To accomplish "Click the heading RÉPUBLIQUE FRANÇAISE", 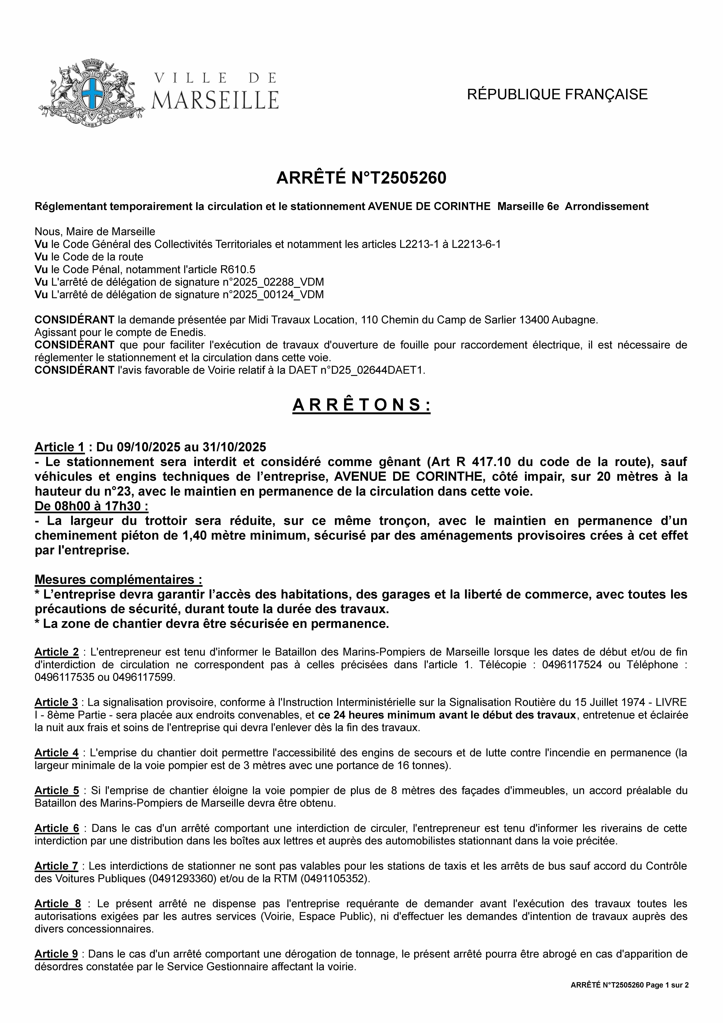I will [x=557, y=94].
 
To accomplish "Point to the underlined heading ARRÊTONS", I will [x=361, y=405].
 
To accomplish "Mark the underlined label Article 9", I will [x=56, y=954].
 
